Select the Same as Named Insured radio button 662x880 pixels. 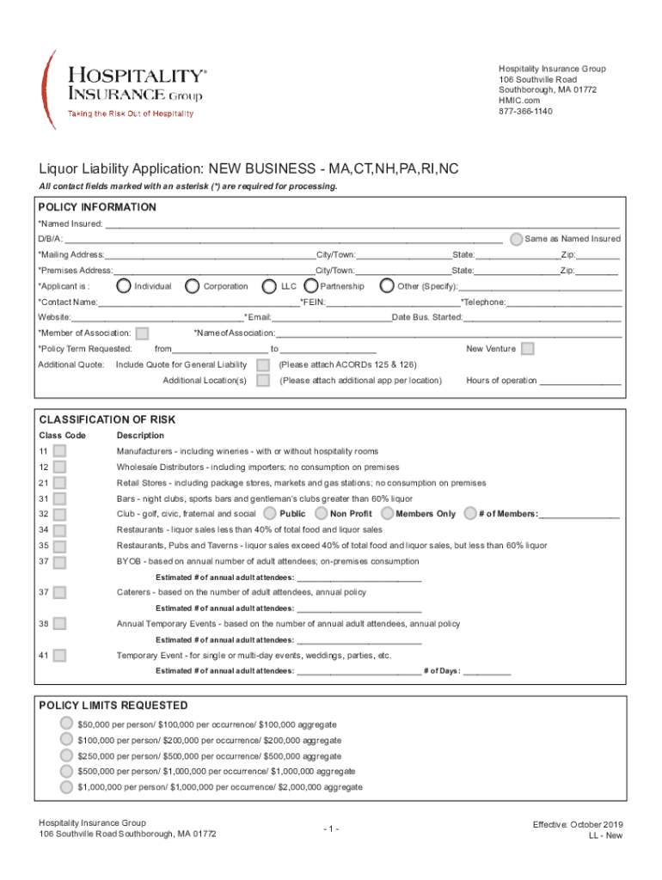click(x=515, y=238)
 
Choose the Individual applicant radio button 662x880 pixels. click(x=124, y=285)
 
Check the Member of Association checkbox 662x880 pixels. click(x=143, y=333)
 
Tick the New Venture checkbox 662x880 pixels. click(x=528, y=348)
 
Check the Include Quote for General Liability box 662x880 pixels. click(x=263, y=364)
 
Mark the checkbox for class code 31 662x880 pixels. click(x=59, y=498)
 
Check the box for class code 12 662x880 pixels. click(x=59, y=467)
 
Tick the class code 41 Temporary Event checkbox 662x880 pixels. click(x=59, y=656)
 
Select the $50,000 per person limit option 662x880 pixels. click(x=66, y=724)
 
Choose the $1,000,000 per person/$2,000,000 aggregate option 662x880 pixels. click(x=66, y=786)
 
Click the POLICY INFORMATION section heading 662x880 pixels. click(x=98, y=207)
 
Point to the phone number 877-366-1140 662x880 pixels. click(x=525, y=112)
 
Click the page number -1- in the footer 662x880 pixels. click(x=331, y=828)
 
